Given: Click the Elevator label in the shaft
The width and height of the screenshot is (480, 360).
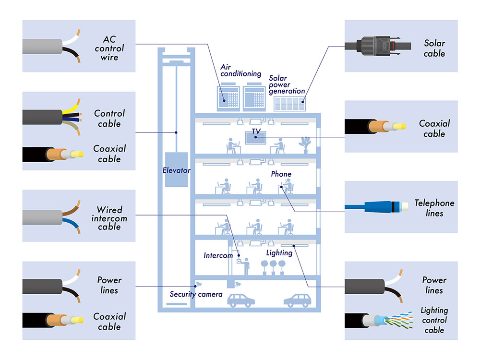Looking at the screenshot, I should pyautogui.click(x=176, y=170).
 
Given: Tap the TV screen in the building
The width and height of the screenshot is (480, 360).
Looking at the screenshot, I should pyautogui.click(x=255, y=137).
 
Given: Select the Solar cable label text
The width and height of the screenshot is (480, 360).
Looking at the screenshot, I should pyautogui.click(x=434, y=48).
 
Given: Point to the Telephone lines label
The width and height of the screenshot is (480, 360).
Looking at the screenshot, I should pyautogui.click(x=434, y=208).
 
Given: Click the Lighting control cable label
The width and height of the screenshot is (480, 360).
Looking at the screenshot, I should pyautogui.click(x=434, y=320).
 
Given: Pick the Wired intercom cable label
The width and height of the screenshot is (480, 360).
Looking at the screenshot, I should pyautogui.click(x=109, y=218).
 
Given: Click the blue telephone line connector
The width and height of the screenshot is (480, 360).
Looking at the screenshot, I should pyautogui.click(x=379, y=207).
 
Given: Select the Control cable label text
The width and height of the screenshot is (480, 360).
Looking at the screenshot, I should pyautogui.click(x=109, y=119).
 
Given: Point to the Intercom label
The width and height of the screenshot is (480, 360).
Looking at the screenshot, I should pyautogui.click(x=218, y=255).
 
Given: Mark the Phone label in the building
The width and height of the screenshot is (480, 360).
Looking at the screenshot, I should pyautogui.click(x=281, y=174).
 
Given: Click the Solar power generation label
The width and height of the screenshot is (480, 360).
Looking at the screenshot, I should pyautogui.click(x=287, y=84).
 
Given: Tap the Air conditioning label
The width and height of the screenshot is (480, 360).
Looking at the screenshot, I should pyautogui.click(x=240, y=71).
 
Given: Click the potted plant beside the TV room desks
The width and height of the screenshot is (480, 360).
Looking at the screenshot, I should pyautogui.click(x=304, y=144).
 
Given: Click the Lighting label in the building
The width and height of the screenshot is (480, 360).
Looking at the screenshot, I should pyautogui.click(x=279, y=252).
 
